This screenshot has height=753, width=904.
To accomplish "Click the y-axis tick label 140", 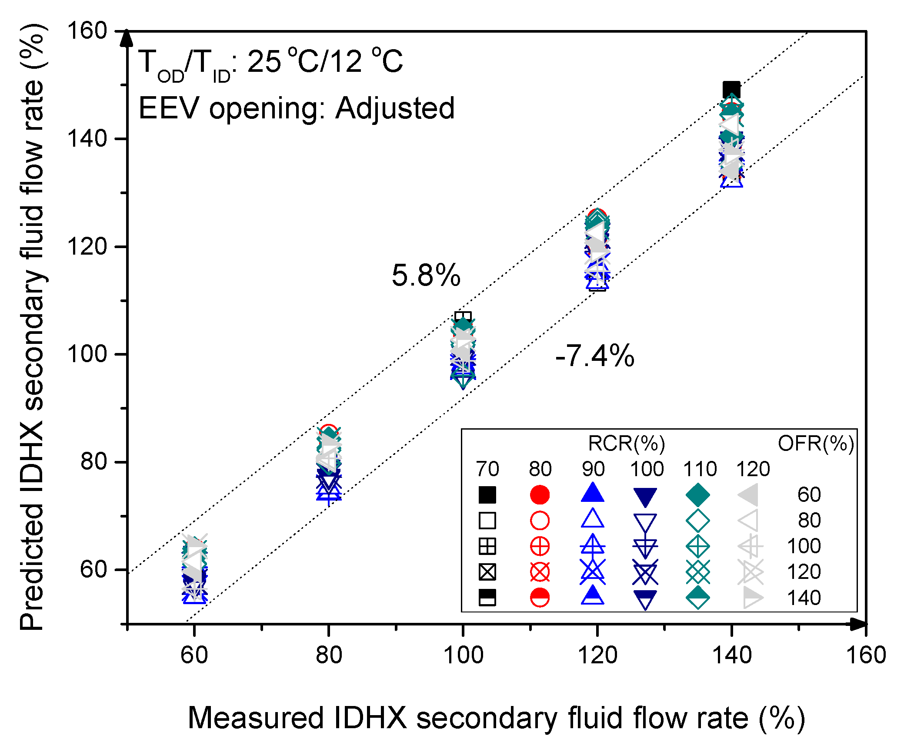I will coord(87,139).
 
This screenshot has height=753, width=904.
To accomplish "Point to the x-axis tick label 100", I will coord(463,655).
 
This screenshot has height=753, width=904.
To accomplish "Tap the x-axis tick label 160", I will coord(866,655).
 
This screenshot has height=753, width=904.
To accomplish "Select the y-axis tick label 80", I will coord(94,461).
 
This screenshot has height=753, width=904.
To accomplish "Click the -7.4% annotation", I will coord(594,356).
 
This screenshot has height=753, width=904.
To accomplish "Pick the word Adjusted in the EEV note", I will coord(395,108).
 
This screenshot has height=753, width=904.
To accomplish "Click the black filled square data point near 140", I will coord(731,90).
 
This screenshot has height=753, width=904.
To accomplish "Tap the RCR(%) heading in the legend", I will coord(626,444).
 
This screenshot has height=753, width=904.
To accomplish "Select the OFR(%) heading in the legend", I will coord(816,444).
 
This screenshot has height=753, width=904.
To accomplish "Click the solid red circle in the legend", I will coord(540,495).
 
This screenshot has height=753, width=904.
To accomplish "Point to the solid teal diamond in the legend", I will coord(697,495).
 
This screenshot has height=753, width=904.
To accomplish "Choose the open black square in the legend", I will coord(487,521).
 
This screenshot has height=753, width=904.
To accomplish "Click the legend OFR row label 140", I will coord(804,598).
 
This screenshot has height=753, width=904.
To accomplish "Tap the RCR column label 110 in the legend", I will coord(700,469).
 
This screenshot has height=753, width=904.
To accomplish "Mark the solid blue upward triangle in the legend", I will coord(592,494).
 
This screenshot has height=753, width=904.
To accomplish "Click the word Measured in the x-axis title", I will coord(256,718).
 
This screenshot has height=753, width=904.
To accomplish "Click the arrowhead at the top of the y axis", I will coord(127,38).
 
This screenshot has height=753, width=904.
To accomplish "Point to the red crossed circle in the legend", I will coord(540,572).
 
